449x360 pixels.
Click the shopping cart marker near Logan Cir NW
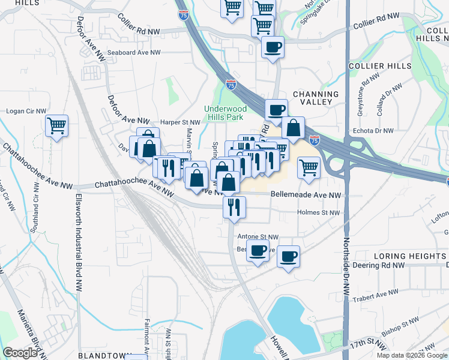tap(56, 126)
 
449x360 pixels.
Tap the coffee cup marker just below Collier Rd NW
tap(273, 47)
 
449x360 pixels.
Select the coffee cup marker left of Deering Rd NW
tap(288, 256)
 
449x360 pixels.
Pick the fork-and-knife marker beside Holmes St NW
tap(234, 207)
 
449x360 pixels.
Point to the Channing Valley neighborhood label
tap(316, 98)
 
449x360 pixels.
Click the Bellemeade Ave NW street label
tap(306, 196)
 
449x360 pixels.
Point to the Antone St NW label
tap(258, 237)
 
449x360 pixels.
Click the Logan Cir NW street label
tap(26, 111)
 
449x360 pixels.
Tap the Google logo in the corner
tap(20, 353)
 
